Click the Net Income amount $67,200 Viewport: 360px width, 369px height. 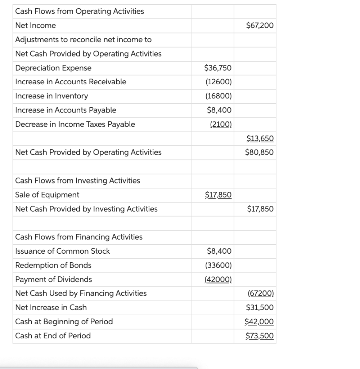(260, 26)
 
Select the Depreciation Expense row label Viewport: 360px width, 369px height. (53, 68)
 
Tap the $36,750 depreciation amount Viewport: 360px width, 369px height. (218, 68)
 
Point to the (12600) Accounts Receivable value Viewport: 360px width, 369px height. (219, 82)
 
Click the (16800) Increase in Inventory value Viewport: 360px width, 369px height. (219, 96)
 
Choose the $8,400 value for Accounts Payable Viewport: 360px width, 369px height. (219, 110)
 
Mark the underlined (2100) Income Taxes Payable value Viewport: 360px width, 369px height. (221, 124)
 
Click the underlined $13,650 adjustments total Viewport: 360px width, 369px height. (260, 138)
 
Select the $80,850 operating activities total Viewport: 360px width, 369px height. (260, 152)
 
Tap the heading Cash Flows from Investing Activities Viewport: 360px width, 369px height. (78, 181)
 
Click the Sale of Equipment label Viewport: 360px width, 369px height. (47, 195)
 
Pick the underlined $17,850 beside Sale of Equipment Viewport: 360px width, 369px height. (218, 195)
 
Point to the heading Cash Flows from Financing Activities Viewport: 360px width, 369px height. (79, 237)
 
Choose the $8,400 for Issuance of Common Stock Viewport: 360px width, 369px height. (219, 251)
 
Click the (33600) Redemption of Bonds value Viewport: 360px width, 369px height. (219, 265)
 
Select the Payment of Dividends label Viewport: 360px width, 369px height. (54, 279)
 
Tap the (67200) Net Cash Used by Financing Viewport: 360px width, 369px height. (261, 293)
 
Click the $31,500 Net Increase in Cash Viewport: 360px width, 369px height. (260, 307)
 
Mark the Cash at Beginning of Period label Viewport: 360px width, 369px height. (64, 321)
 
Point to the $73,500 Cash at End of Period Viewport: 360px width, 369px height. (260, 336)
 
